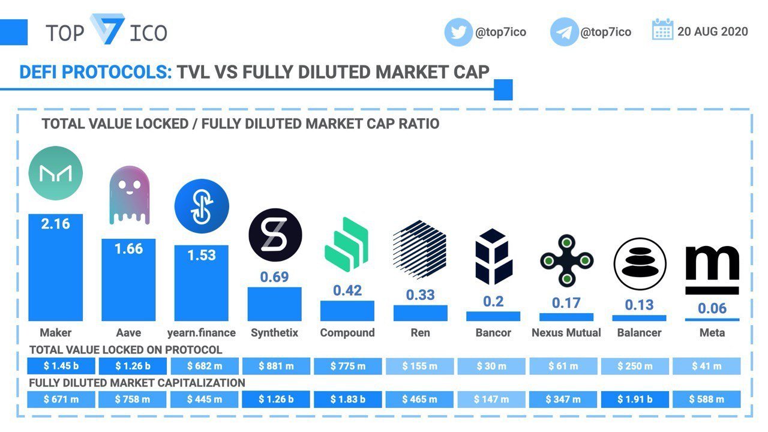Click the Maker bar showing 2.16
(x=56, y=268)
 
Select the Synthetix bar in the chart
(x=275, y=304)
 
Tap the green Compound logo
(x=346, y=244)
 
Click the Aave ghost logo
(x=129, y=195)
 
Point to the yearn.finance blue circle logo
(x=202, y=206)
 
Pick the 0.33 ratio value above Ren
(x=421, y=295)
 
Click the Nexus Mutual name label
(x=566, y=332)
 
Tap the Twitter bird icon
(x=458, y=32)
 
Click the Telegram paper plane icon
(x=564, y=32)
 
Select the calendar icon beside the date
(x=662, y=29)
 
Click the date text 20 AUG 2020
(x=712, y=32)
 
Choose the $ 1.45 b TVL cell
(x=61, y=366)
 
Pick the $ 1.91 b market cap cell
(x=635, y=399)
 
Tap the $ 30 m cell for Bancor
(x=491, y=366)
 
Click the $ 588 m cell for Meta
(x=707, y=399)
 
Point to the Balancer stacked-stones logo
(x=640, y=264)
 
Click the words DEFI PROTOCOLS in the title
(x=95, y=73)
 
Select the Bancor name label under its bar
(x=493, y=332)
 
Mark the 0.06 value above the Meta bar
(x=712, y=308)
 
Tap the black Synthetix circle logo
(x=275, y=235)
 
